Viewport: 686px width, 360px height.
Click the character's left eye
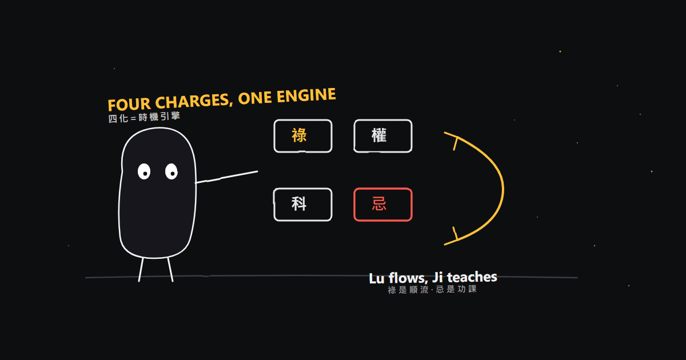pyautogui.click(x=144, y=171)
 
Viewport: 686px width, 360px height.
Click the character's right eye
pyautogui.click(x=171, y=171)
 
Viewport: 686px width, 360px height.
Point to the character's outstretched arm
pyautogui.click(x=226, y=177)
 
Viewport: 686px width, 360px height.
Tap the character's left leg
pyautogui.click(x=141, y=270)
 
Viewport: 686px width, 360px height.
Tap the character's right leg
pyautogui.click(x=170, y=270)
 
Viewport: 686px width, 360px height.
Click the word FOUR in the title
pyautogui.click(x=129, y=105)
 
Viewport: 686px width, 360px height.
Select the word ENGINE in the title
pyautogui.click(x=306, y=95)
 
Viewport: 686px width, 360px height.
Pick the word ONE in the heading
pyautogui.click(x=255, y=98)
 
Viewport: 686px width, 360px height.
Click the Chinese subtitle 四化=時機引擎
pyautogui.click(x=144, y=117)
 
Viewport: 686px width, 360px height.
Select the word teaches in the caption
pyautogui.click(x=472, y=277)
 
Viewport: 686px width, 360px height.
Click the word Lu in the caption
pyautogui.click(x=377, y=279)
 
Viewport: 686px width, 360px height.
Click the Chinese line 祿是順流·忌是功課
pyautogui.click(x=432, y=289)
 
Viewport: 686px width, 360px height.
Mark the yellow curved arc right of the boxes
pyautogui.click(x=503, y=189)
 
